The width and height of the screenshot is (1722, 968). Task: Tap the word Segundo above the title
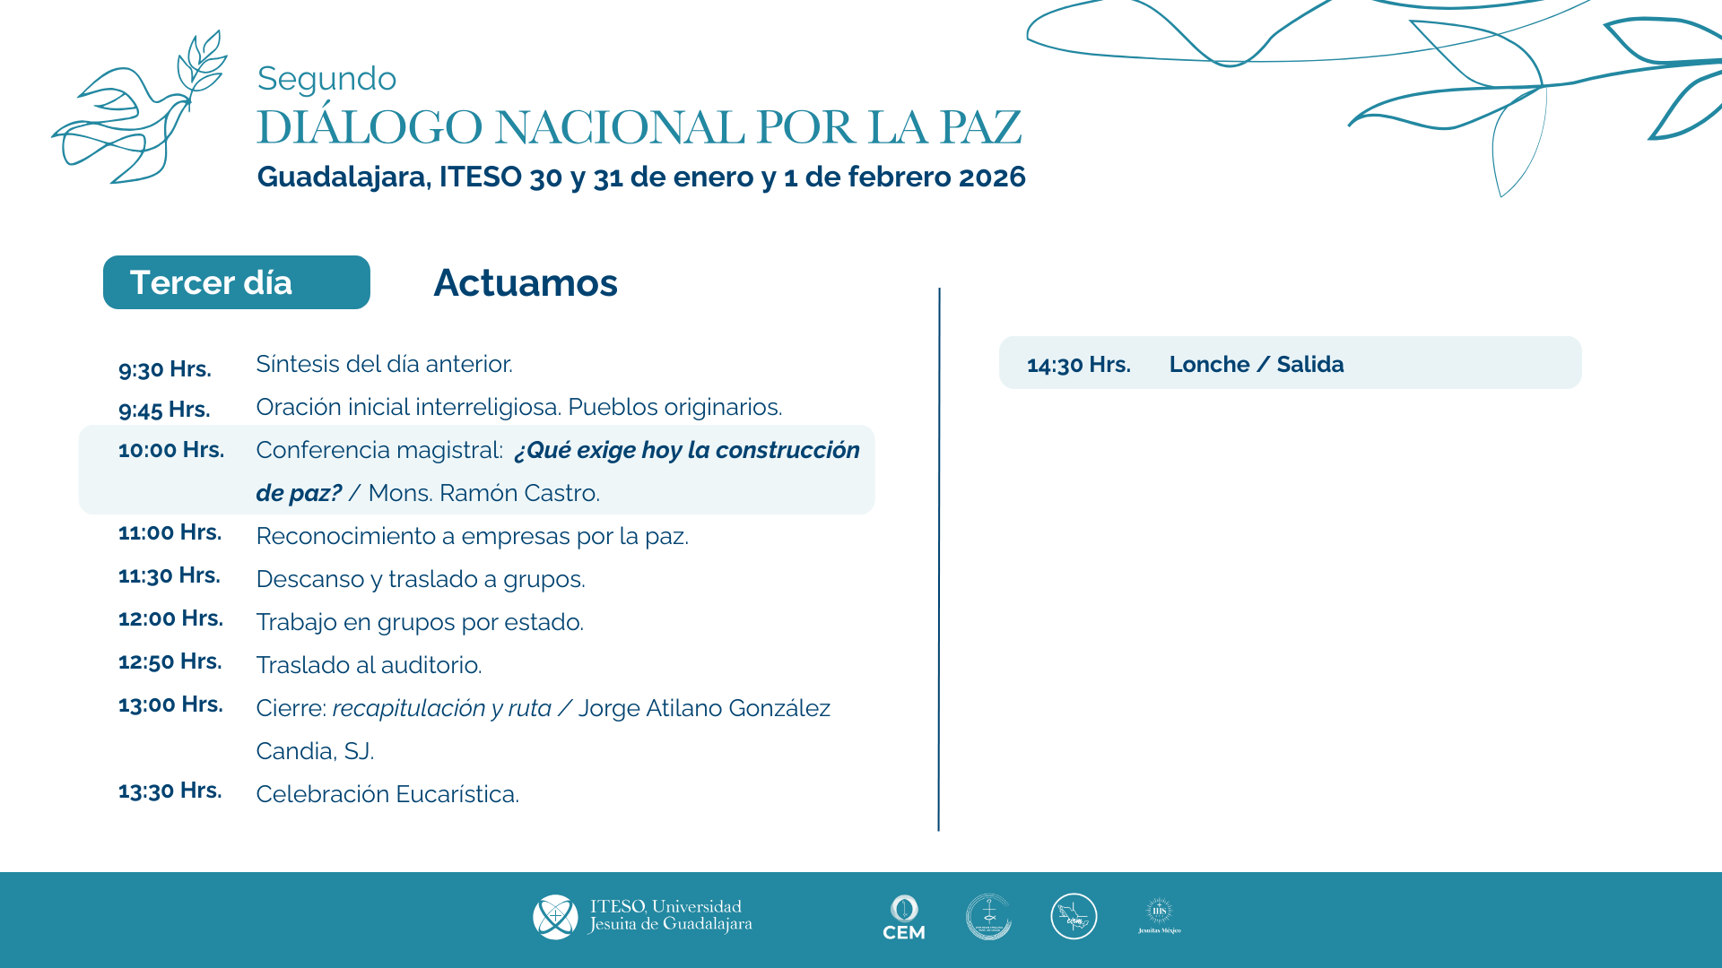point(326,79)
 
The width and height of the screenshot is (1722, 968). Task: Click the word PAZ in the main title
point(980,127)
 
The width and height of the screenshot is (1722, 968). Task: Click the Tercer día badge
point(237,282)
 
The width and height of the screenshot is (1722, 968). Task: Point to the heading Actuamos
point(526,283)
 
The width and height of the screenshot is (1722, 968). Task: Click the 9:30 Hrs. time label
point(165,369)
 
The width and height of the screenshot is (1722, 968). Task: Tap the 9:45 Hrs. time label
point(164,410)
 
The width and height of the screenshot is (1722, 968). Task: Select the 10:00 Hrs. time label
point(171,450)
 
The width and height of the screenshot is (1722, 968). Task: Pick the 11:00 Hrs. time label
point(170,532)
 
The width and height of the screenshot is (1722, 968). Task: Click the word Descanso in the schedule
point(310,579)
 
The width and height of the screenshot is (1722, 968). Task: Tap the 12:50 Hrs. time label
point(170,661)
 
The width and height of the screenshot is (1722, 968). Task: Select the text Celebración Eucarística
point(387,794)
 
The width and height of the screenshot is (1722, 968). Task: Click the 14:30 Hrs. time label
point(1078,365)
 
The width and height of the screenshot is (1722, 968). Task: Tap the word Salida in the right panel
point(1309,365)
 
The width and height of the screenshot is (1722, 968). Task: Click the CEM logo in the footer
point(903,918)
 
